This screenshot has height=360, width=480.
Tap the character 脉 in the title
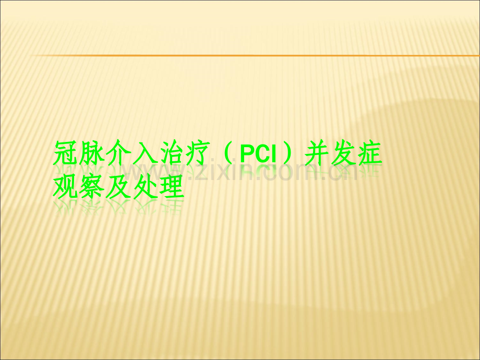click(x=92, y=153)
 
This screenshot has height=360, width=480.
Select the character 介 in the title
click(x=118, y=153)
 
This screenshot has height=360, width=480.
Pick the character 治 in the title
click(x=171, y=153)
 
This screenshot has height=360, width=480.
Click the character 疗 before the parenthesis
click(x=197, y=153)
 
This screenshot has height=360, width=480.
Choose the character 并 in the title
click(x=317, y=153)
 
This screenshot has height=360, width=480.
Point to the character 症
click(x=370, y=153)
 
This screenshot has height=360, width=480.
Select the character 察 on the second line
click(x=92, y=186)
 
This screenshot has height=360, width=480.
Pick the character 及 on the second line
click(x=118, y=186)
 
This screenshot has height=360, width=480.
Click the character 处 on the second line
click(x=145, y=186)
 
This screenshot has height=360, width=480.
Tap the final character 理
click(x=171, y=186)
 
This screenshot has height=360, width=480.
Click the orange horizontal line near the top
click(x=255, y=55)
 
